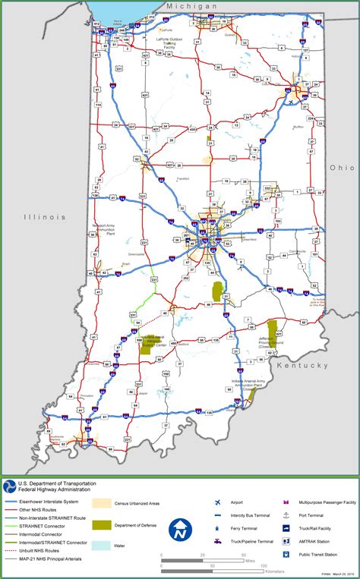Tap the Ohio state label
pos(341,167)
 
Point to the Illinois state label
pos(45,216)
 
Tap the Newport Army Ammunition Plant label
pos(103,229)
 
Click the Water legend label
pos(118,545)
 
